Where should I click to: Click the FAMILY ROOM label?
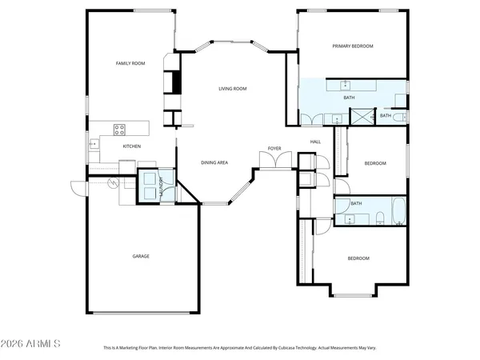[x=130, y=63]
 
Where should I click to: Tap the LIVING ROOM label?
[x=233, y=89]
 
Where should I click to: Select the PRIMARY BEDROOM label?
[x=353, y=46]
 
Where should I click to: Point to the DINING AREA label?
[x=214, y=163]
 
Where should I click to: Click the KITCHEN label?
[x=132, y=147]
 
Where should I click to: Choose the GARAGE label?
[x=141, y=256]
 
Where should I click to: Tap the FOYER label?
[x=274, y=149]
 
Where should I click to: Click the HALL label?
[x=315, y=142]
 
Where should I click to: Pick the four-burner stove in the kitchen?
[x=119, y=128]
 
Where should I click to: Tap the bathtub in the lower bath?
[x=398, y=217]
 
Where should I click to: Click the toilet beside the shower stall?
[x=399, y=117]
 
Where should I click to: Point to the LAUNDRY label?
[x=162, y=187]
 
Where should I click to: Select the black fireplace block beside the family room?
[x=173, y=82]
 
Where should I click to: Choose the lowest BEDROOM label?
[x=358, y=258]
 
